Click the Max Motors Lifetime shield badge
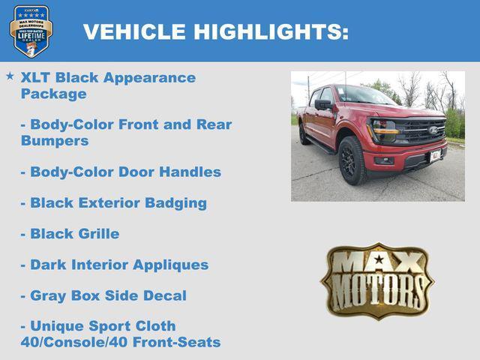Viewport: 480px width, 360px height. tap(31, 31)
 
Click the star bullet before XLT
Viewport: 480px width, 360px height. tap(10, 76)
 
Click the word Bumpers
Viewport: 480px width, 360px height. tap(55, 140)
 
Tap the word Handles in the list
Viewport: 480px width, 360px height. tap(191, 172)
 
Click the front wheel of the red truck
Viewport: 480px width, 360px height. tap(352, 160)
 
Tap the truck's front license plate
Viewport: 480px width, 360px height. tap(436, 155)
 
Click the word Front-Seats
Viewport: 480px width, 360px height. tap(184, 342)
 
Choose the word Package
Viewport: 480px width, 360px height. tap(54, 94)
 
